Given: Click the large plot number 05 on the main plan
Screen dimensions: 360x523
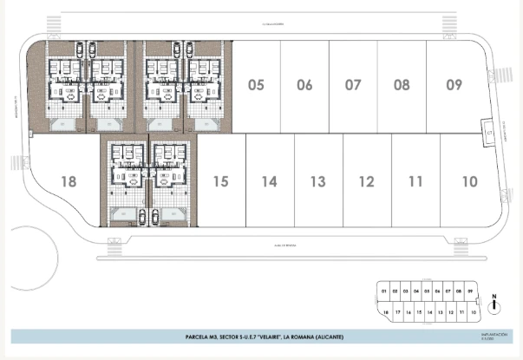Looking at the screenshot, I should (256, 85).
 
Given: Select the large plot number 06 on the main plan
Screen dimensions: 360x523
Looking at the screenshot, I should (304, 85).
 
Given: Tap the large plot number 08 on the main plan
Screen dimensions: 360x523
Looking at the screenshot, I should (402, 85).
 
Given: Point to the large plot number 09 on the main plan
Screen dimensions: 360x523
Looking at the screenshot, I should (454, 85).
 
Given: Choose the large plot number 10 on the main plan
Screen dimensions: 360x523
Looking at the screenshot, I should (469, 181).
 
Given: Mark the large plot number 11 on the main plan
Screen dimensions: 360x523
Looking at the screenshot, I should (415, 181).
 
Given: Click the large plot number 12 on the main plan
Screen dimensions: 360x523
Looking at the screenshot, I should (367, 181).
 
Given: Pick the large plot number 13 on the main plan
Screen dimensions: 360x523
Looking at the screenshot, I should (318, 181).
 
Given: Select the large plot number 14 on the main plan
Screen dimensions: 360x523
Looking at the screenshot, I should (270, 181).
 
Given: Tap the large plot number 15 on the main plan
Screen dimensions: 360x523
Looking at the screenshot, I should (221, 181).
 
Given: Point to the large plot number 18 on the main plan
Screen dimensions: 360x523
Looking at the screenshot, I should (70, 181).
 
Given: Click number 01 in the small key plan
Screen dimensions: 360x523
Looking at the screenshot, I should (383, 291).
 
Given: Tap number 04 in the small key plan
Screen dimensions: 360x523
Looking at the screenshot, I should (416, 291).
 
